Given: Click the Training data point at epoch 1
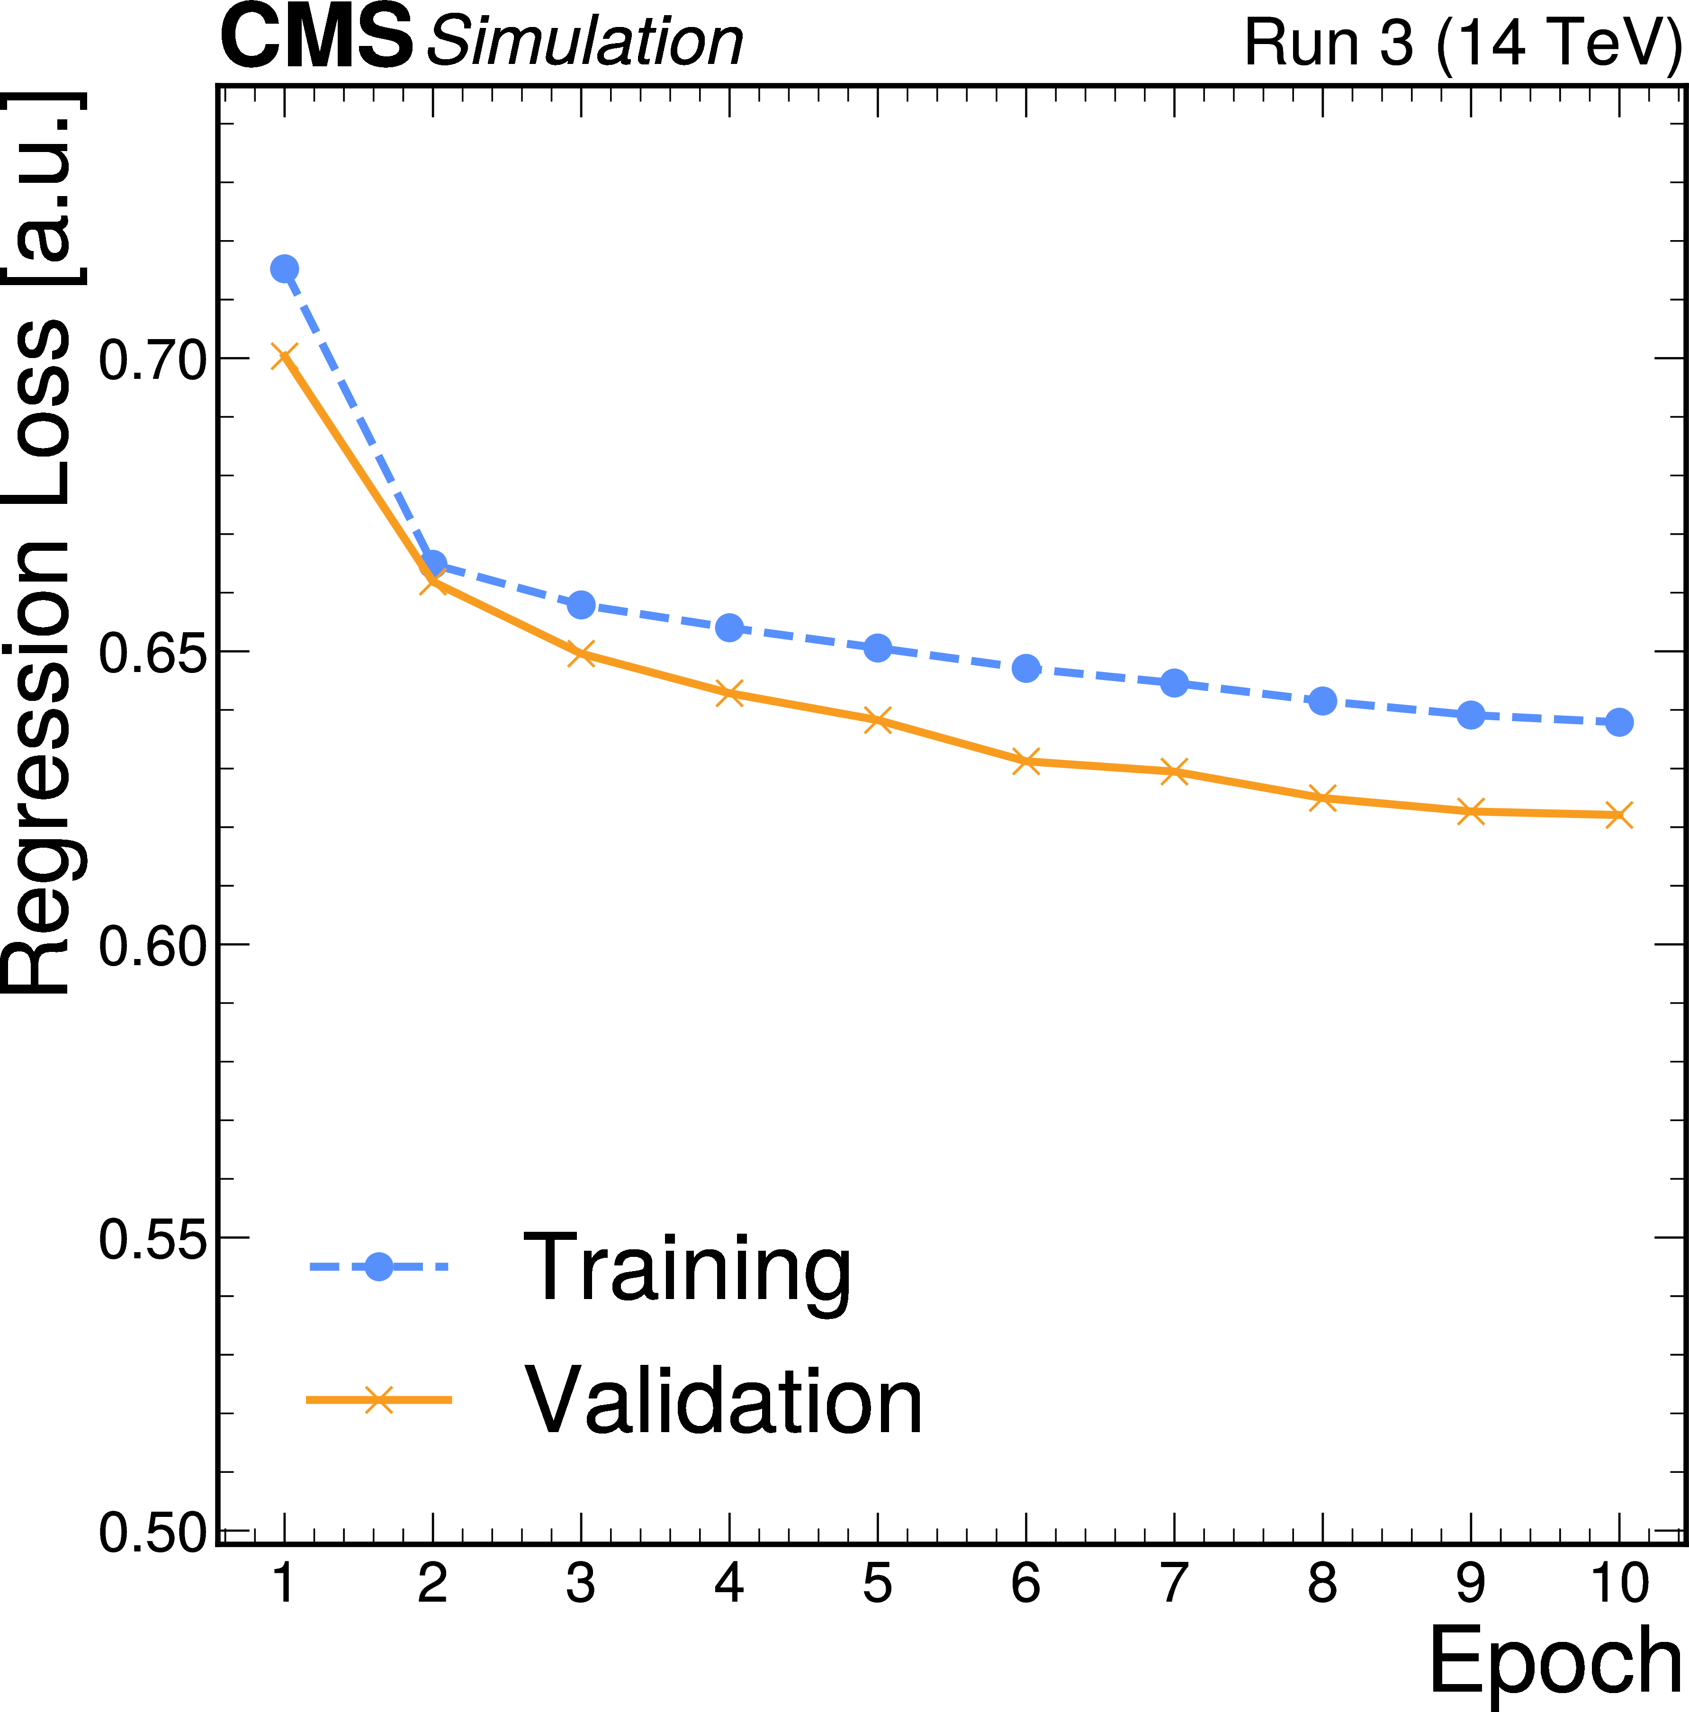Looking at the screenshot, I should [285, 269].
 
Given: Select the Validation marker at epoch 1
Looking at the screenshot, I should [285, 357].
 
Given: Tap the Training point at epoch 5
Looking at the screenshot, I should [877, 648].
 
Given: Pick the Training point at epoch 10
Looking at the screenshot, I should [1619, 722].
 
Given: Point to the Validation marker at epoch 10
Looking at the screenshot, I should [1619, 815].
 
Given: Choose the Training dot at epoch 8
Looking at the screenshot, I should [1322, 701].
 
